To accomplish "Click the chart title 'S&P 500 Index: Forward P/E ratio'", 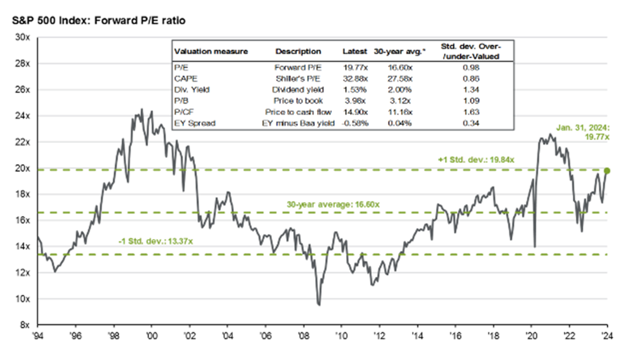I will [98, 20].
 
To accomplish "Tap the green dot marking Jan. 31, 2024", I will [607, 171].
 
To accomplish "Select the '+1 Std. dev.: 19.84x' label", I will [476, 160].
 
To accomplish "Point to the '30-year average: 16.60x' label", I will [333, 204].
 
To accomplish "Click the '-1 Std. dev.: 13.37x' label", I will [155, 241].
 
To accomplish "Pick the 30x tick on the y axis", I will [22, 37].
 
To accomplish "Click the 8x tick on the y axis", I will [24, 325].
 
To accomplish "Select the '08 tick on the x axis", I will [303, 336].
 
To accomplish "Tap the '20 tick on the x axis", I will [531, 336].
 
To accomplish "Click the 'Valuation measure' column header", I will [211, 51].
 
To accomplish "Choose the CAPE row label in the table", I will [185, 79].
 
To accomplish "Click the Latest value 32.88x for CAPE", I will [355, 79].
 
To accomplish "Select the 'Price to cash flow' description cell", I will [298, 112].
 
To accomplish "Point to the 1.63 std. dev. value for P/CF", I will [471, 112].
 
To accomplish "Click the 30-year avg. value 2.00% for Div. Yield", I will [399, 90].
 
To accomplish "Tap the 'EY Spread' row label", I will [194, 123].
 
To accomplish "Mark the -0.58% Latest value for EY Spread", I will [355, 123].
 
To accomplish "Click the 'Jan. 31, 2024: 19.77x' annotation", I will [582, 132].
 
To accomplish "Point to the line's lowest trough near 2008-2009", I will [319, 305].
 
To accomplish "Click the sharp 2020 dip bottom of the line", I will [535, 247].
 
